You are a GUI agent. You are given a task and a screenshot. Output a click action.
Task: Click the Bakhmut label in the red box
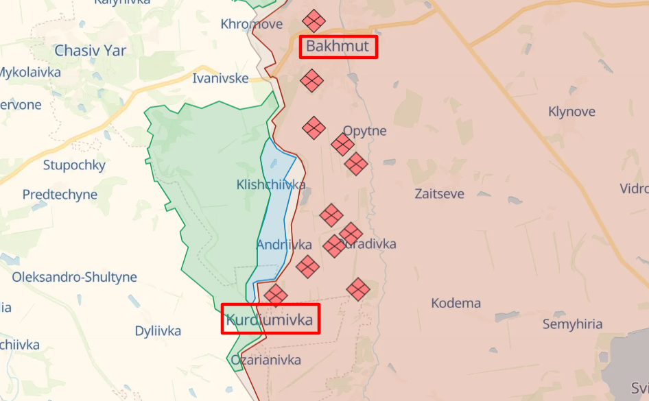(338, 47)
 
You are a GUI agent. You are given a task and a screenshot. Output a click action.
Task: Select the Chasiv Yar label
(90, 50)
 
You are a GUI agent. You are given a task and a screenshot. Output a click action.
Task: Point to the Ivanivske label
(220, 78)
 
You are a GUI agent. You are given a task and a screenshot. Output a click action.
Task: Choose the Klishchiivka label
(271, 184)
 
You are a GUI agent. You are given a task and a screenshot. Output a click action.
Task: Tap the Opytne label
(364, 130)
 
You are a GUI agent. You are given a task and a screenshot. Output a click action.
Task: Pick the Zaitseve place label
(439, 194)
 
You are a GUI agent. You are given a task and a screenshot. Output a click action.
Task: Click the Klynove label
(571, 111)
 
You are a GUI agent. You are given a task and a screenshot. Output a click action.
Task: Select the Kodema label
(456, 303)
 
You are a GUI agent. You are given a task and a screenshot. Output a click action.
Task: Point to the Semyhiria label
(572, 324)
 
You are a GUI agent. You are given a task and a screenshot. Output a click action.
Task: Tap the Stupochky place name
(74, 165)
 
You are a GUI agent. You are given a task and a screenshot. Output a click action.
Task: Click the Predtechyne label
(60, 195)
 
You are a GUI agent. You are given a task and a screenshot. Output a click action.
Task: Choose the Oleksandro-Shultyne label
(74, 278)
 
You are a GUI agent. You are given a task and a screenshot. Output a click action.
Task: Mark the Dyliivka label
(158, 331)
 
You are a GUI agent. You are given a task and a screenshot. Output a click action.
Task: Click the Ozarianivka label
(265, 360)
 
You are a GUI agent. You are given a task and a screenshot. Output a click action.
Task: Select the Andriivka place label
(284, 245)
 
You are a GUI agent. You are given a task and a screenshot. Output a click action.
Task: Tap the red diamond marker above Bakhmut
(314, 21)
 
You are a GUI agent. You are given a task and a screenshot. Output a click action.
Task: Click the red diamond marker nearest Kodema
(358, 289)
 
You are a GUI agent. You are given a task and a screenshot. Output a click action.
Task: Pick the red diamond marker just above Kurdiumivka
(276, 295)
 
